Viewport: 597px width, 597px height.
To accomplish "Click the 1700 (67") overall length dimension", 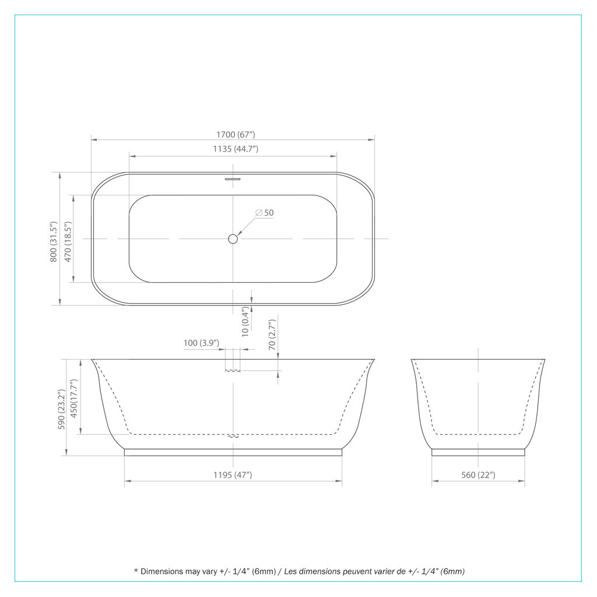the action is (x=236, y=135).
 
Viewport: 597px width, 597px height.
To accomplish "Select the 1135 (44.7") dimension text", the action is (x=236, y=149).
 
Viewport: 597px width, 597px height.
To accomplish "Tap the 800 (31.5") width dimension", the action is (x=53, y=241).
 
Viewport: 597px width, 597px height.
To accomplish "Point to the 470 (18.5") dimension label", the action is (x=68, y=241).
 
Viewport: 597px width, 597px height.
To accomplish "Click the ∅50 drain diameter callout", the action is (x=265, y=212).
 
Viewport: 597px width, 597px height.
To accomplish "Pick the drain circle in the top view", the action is (x=233, y=238).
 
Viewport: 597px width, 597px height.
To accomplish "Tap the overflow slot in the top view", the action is (x=233, y=178).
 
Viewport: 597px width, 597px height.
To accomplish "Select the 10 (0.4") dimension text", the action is (x=245, y=322).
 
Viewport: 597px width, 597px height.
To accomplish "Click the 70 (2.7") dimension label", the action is (x=272, y=335).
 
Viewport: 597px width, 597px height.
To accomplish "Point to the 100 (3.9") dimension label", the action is (x=201, y=343).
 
